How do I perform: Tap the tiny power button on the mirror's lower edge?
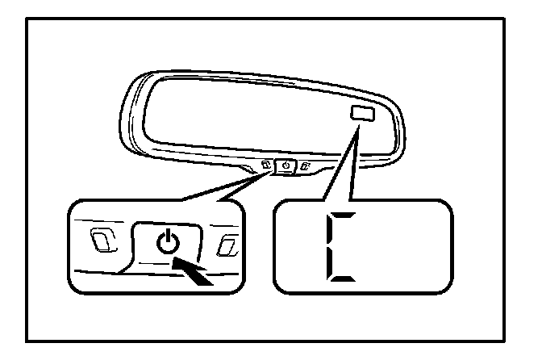tap(286, 167)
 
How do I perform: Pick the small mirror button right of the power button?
tap(305, 168)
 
